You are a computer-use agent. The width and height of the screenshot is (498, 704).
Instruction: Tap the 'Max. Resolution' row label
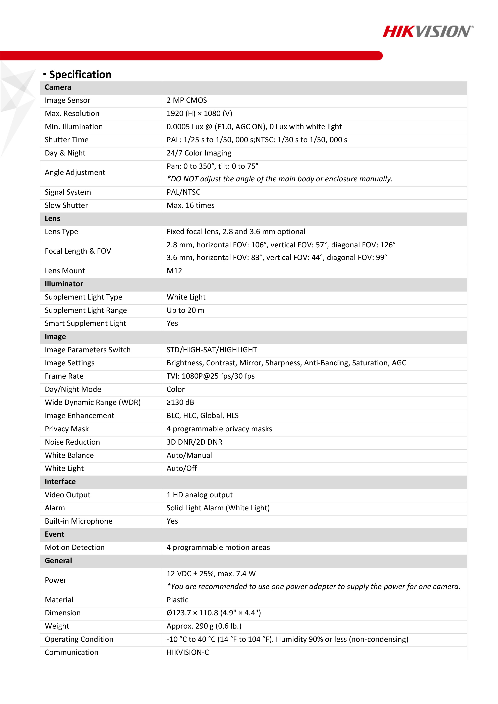pyautogui.click(x=72, y=113)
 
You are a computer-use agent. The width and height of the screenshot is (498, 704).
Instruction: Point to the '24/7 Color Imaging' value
pyautogui.click(x=199, y=153)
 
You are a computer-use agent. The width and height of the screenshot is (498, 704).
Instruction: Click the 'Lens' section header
pyautogui.click(x=52, y=218)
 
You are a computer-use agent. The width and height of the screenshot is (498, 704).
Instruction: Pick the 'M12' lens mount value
pyautogui.click(x=174, y=271)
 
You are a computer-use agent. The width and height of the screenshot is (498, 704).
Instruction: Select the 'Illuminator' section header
pyautogui.click(x=64, y=284)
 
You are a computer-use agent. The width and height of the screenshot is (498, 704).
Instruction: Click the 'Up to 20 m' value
pyautogui.click(x=185, y=310)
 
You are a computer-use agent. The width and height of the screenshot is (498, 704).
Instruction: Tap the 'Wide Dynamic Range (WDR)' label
pyautogui.click(x=93, y=402)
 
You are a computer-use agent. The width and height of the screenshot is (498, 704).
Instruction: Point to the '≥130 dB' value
pyautogui.click(x=180, y=402)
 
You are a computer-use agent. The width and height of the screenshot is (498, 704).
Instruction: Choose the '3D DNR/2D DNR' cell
pyautogui.click(x=195, y=442)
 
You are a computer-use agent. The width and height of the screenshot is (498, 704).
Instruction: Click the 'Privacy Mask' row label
pyautogui.click(x=67, y=429)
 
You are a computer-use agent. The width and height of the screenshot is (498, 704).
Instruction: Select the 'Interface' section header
pyautogui.click(x=60, y=481)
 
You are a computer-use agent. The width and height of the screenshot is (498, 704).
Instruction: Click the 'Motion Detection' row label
pyautogui.click(x=74, y=547)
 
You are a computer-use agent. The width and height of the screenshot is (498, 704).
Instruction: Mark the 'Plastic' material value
pyautogui.click(x=177, y=600)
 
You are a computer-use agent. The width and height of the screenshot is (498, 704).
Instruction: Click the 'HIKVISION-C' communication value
pyautogui.click(x=188, y=652)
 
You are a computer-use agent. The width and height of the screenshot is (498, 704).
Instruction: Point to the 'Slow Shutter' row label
pyautogui.click(x=66, y=205)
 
